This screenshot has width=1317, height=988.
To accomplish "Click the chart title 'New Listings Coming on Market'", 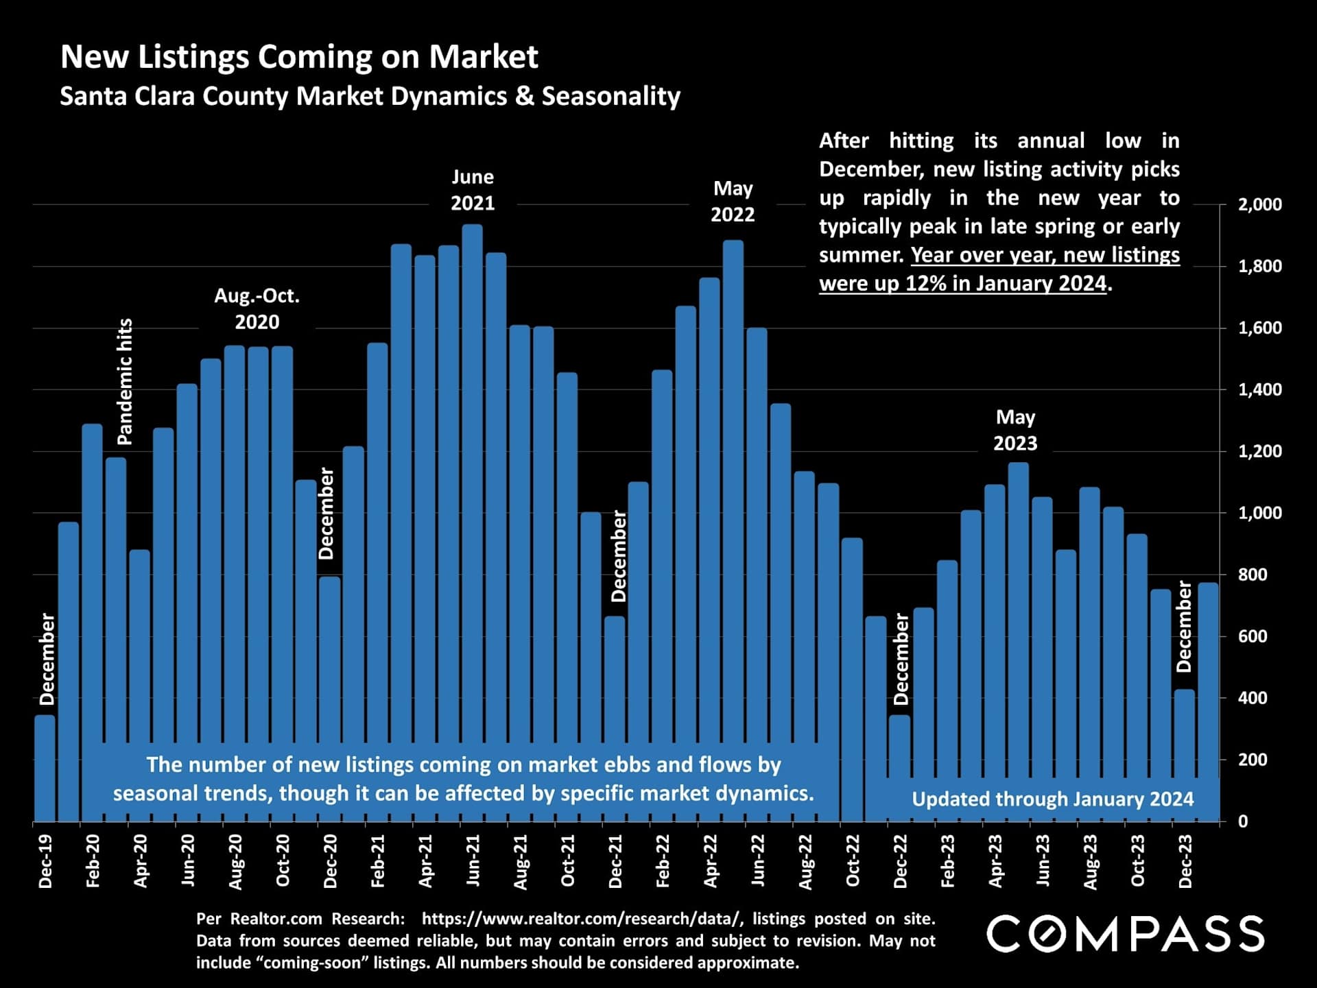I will pyautogui.click(x=299, y=57).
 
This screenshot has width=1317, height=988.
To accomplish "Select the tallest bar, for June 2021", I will pyautogui.click(x=472, y=480).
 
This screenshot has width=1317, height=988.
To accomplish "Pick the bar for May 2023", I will pyautogui.click(x=1019, y=617).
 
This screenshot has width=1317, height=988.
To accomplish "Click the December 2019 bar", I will pyautogui.click(x=45, y=768).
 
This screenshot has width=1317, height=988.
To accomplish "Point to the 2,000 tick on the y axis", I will pyautogui.click(x=1259, y=204).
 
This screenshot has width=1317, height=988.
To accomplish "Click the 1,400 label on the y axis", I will pyautogui.click(x=1259, y=389).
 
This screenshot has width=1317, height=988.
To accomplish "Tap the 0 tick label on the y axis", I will pyautogui.click(x=1243, y=821).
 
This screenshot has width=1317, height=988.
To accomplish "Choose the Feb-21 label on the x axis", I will pyautogui.click(x=378, y=861).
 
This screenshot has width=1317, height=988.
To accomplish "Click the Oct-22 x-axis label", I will pyautogui.click(x=853, y=861).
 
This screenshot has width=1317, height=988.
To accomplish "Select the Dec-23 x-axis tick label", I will pyautogui.click(x=1185, y=861).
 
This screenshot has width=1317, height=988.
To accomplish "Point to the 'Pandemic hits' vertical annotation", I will pyautogui.click(x=125, y=381).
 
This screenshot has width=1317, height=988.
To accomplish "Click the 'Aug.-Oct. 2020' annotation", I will pyautogui.click(x=257, y=309).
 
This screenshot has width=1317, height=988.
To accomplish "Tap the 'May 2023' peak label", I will pyautogui.click(x=1015, y=430).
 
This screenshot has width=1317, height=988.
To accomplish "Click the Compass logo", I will pyautogui.click(x=1125, y=934).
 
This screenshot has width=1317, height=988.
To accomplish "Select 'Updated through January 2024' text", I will pyautogui.click(x=1052, y=799).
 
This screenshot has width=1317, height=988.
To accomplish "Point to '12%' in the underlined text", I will pyautogui.click(x=923, y=283).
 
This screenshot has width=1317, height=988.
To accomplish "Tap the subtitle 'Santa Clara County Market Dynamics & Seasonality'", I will pyautogui.click(x=370, y=96).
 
